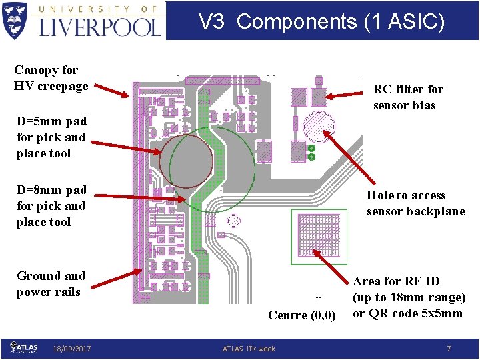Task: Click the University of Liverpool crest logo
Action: (15, 20)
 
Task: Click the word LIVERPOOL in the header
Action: (101, 27)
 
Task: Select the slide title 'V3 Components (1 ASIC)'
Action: (321, 21)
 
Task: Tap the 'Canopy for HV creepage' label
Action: (51, 78)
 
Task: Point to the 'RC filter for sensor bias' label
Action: (408, 97)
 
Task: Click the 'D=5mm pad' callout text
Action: (51, 137)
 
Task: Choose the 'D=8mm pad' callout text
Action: (51, 206)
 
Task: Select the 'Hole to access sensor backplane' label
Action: (415, 203)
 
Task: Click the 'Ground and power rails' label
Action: (51, 284)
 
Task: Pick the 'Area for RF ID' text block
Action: (409, 297)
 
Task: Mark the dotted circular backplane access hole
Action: (319, 125)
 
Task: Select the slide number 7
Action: (449, 349)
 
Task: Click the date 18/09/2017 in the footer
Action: (72, 349)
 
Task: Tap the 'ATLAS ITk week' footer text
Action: (249, 349)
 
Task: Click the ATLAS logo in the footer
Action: (24, 347)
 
